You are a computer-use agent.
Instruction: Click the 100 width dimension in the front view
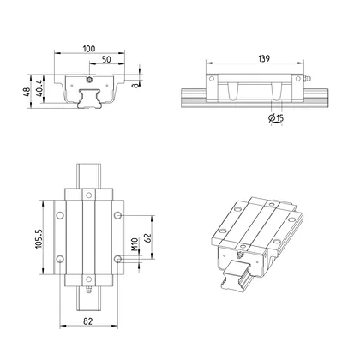[x=89, y=50]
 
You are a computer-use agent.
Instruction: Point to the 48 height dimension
[x=27, y=90]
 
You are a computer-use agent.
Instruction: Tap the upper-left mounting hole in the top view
[x=59, y=213]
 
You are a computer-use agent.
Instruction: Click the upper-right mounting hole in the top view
[x=120, y=213]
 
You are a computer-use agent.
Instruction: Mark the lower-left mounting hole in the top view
[x=59, y=258]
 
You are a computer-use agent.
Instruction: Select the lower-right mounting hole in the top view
[x=120, y=258]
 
